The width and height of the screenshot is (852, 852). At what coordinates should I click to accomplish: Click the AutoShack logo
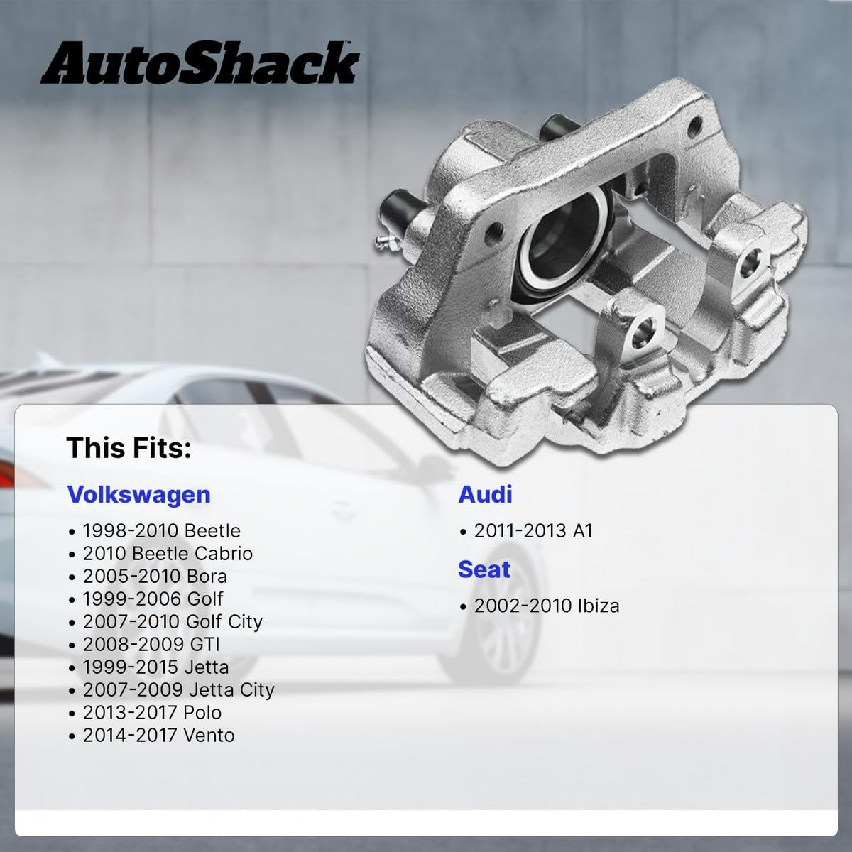click(x=200, y=62)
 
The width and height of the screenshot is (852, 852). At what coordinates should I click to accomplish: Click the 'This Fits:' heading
click(x=129, y=447)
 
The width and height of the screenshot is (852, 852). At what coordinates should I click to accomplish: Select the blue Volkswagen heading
click(x=139, y=495)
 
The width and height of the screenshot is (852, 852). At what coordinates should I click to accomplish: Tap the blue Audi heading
click(x=485, y=494)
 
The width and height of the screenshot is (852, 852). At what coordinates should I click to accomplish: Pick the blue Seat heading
click(x=484, y=569)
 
